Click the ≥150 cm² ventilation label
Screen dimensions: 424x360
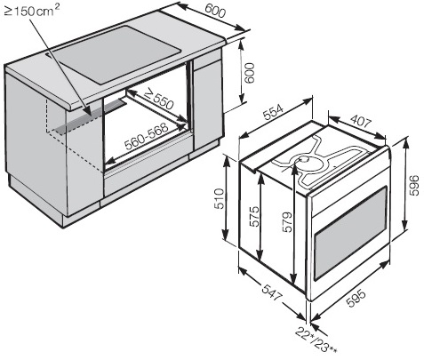(x=32, y=11)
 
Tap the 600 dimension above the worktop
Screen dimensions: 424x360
(x=215, y=11)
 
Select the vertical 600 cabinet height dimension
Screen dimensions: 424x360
(x=249, y=73)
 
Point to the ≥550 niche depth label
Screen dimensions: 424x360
(x=158, y=99)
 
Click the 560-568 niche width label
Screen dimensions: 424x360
(x=147, y=136)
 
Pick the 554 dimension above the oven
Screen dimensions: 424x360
(x=274, y=111)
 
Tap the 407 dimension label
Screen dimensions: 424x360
(x=360, y=121)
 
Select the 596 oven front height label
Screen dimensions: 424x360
(x=414, y=185)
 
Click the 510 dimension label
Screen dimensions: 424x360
(x=220, y=198)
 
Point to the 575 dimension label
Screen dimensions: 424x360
(x=254, y=217)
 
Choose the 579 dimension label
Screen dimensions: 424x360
(x=287, y=222)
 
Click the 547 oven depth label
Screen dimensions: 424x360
(x=271, y=292)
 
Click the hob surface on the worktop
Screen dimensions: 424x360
(x=117, y=55)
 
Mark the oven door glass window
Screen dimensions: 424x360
(x=351, y=233)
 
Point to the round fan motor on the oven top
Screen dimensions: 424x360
(x=304, y=162)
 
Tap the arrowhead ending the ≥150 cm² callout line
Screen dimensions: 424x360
(x=88, y=111)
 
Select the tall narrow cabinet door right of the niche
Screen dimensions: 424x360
(x=208, y=104)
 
